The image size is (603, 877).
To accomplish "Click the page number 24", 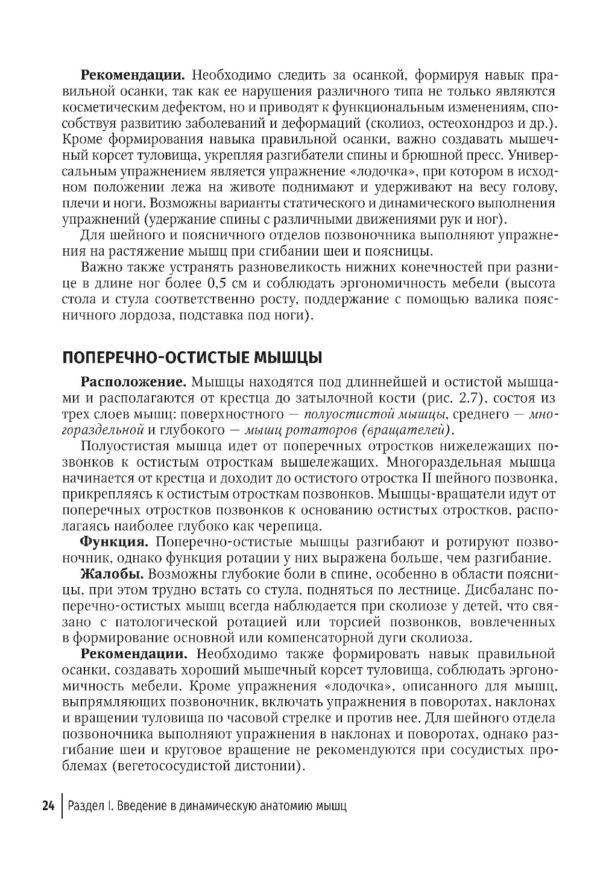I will coord(49,806).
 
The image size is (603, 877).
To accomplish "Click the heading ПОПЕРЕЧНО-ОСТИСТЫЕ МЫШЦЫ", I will coord(192,357).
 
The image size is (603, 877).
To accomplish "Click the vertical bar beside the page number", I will coord(62,806).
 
